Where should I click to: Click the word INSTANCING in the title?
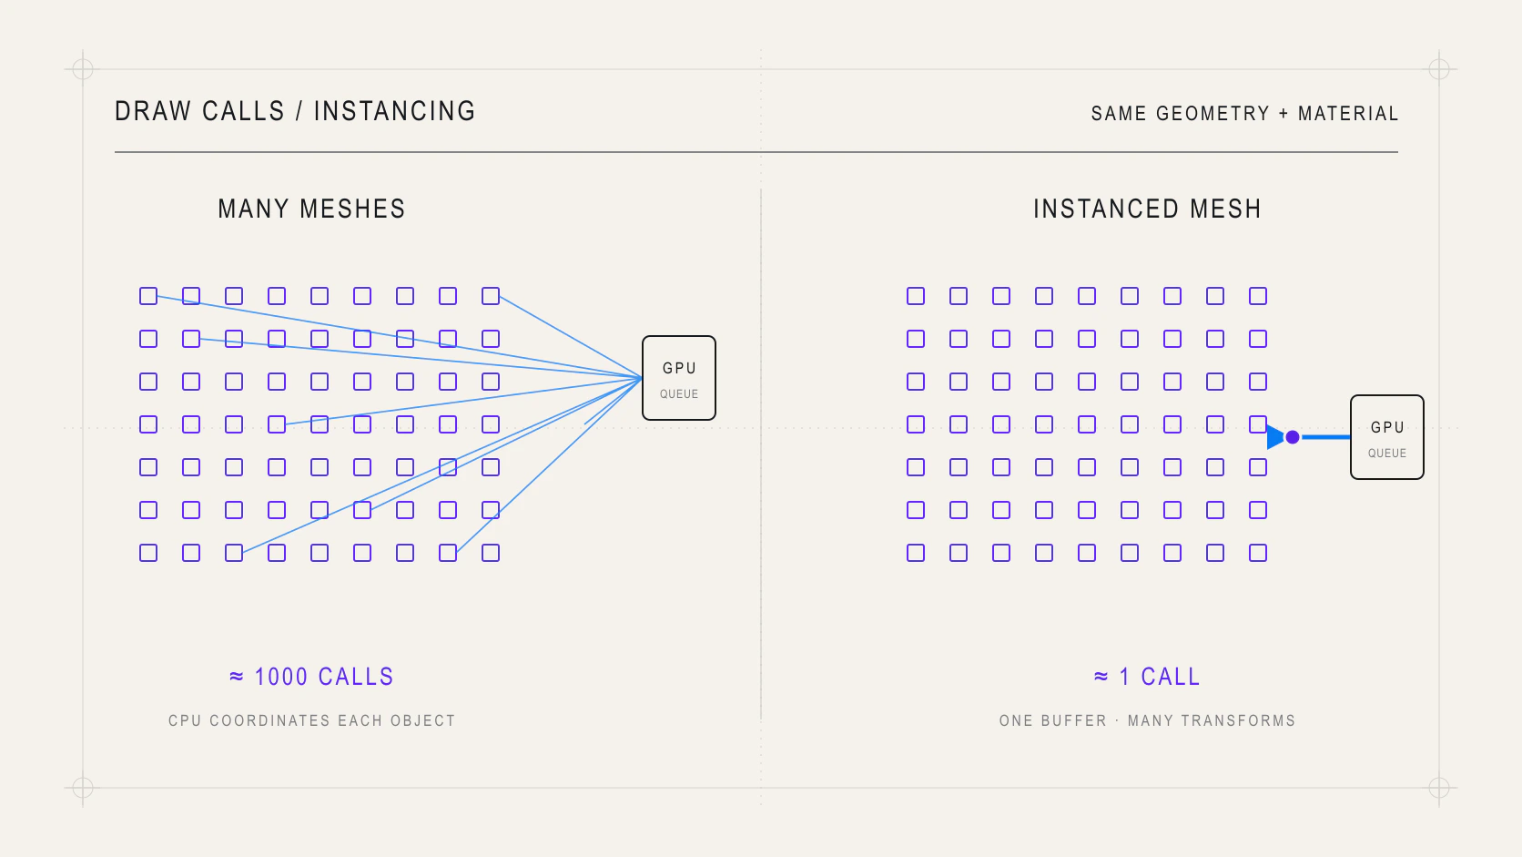395,111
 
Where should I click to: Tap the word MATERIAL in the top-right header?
1348,114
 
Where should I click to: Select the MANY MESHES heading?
312,209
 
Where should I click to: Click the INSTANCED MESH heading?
1148,209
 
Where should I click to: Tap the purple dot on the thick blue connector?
1293,437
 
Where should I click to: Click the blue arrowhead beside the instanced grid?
1275,437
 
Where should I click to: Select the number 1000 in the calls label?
281,677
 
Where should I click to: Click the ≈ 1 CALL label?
1148,677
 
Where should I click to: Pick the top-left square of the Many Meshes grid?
148,296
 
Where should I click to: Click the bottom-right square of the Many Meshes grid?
491,553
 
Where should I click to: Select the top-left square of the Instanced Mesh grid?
916,296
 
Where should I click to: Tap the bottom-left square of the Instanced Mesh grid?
916,553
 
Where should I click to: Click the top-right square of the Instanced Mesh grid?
1258,296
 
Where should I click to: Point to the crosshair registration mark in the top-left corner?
83,69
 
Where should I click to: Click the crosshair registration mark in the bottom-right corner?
1439,788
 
